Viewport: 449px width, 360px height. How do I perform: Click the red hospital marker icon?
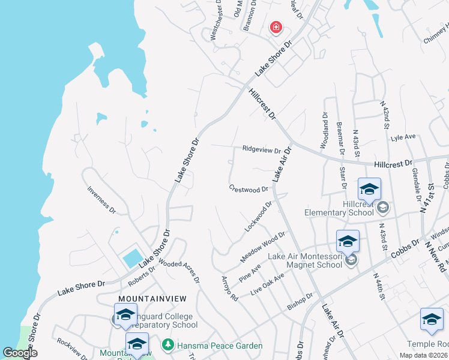point(276,27)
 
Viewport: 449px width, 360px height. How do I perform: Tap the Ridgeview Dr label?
point(262,149)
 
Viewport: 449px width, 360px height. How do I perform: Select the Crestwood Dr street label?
point(248,188)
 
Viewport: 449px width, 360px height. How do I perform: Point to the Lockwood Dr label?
point(259,217)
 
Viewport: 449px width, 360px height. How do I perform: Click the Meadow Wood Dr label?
point(263,247)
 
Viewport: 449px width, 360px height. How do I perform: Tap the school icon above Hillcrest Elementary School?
point(369,190)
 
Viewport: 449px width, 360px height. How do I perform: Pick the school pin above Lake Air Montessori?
point(348,241)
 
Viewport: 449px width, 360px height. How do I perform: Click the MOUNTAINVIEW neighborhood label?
point(152,298)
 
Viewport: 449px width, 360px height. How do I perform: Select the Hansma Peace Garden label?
point(220,346)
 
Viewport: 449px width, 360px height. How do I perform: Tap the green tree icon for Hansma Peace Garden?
point(169,345)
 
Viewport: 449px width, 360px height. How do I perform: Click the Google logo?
point(20,353)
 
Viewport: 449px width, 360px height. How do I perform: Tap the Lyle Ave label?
point(403,137)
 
